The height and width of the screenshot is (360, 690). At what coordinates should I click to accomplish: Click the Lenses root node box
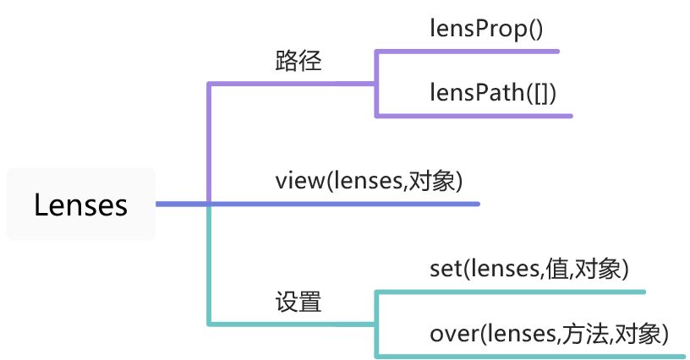point(80,205)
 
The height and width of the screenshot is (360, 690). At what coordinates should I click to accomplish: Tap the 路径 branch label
point(298,62)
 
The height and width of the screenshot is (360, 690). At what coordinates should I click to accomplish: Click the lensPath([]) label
point(492,92)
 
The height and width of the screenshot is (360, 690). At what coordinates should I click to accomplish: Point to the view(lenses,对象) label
point(369,181)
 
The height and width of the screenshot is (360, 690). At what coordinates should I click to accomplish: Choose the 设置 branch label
point(298,302)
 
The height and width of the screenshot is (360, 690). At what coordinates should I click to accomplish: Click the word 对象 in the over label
point(642,333)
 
